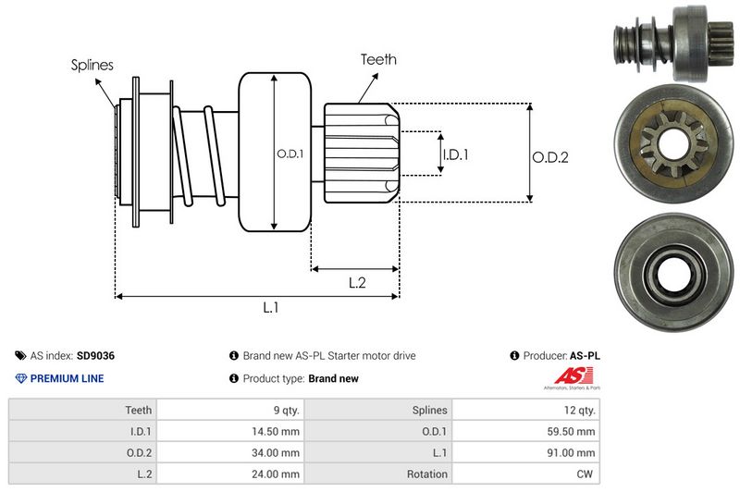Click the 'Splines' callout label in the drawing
coord(92,65)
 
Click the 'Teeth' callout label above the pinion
coord(378,59)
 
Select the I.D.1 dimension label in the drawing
coord(454,154)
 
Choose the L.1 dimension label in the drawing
coord(271,309)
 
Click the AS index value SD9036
coord(95,355)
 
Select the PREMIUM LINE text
coord(67,378)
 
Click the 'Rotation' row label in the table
coord(426,474)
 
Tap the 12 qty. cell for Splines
coord(578,409)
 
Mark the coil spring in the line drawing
coord(199,153)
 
